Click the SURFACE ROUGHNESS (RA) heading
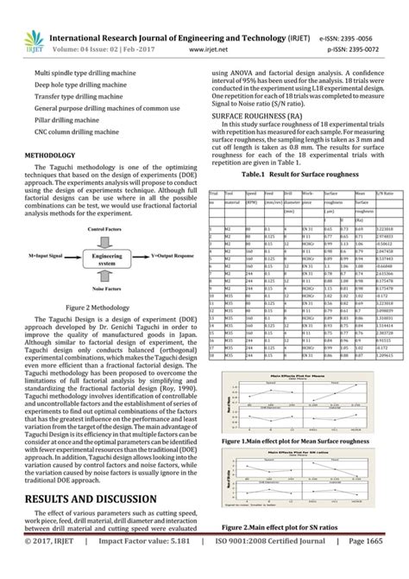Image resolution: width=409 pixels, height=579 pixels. tap(257, 114)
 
